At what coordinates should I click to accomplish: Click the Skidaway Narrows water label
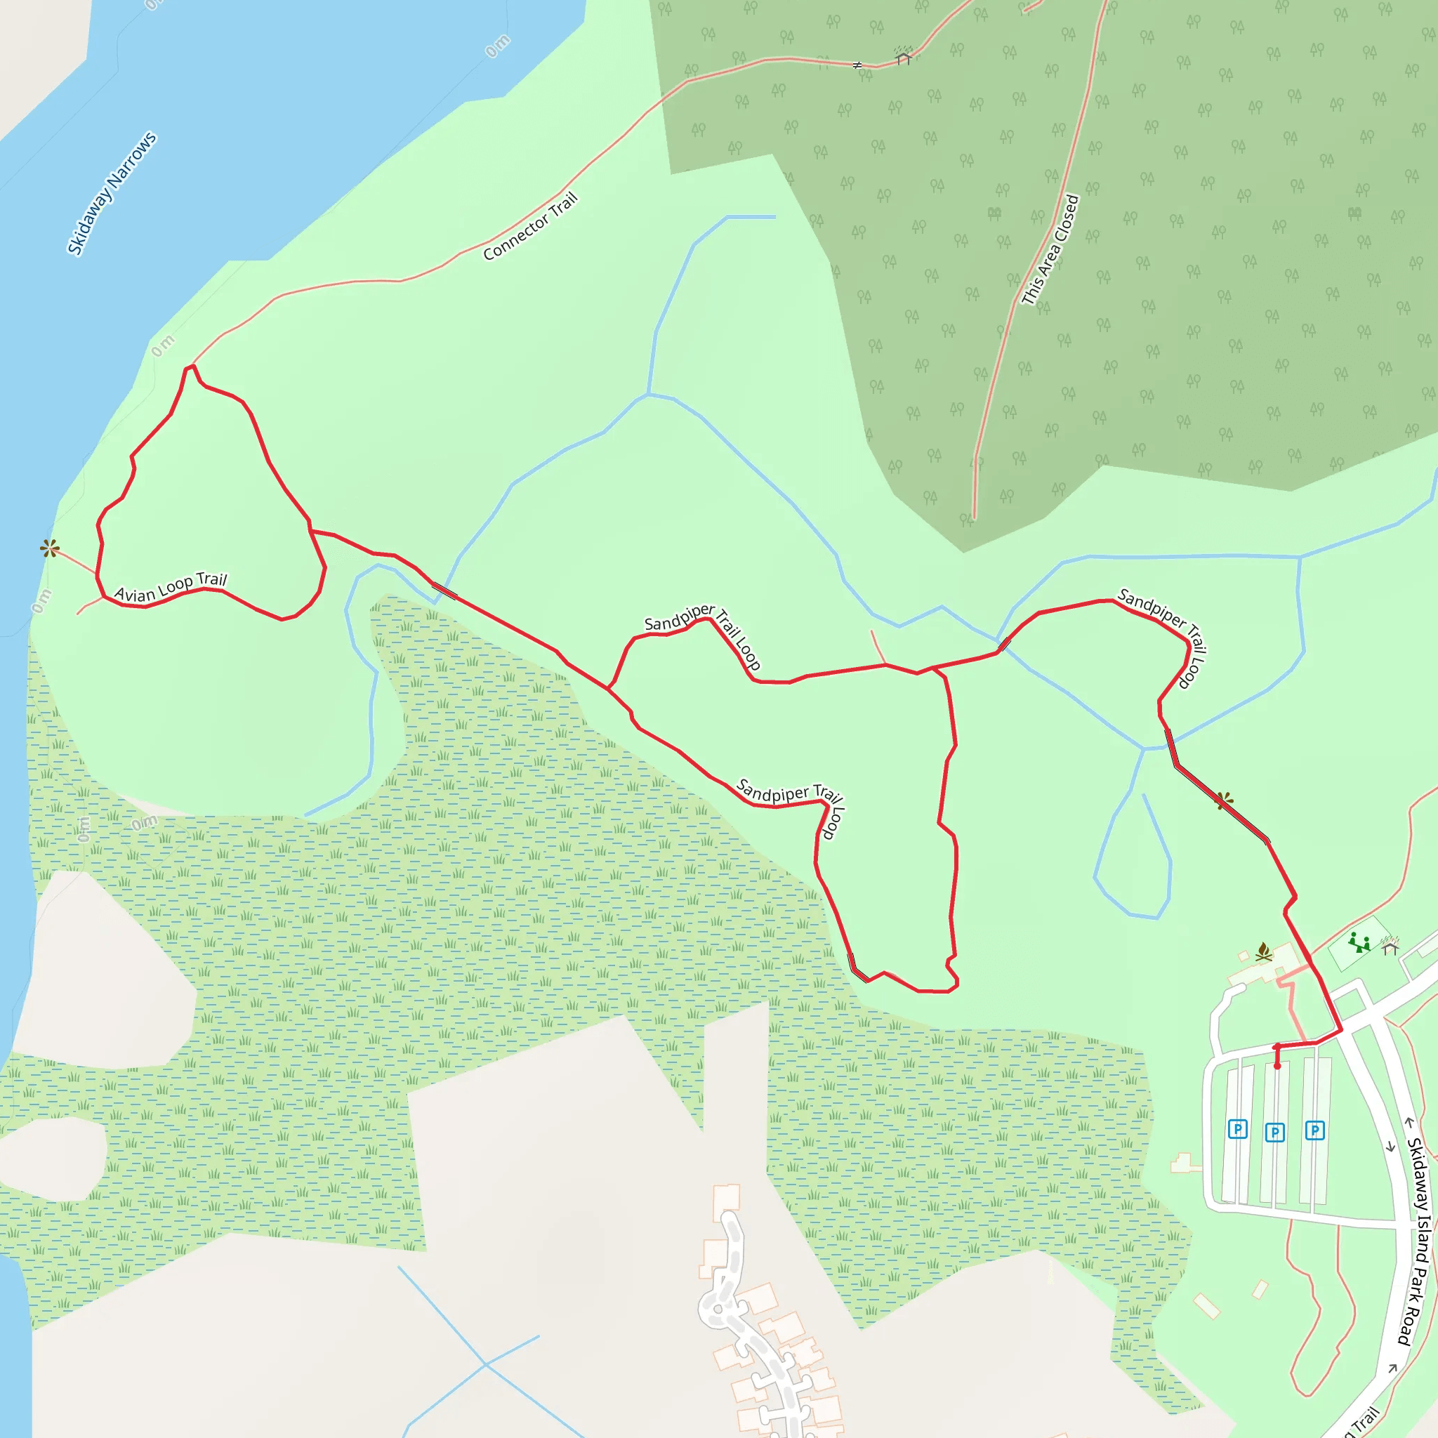coord(112,194)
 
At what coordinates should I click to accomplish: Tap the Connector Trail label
coord(530,227)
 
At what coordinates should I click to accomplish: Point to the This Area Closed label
coord(1050,249)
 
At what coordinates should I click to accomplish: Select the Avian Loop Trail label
coord(171,587)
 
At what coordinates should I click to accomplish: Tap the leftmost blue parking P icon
coord(1237,1129)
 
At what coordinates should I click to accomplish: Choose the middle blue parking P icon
coord(1275,1133)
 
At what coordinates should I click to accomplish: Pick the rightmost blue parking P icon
coord(1314,1130)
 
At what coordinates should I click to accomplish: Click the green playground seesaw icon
coord(1359,942)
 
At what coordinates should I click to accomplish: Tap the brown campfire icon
coord(1263,952)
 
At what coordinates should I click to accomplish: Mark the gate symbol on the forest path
coord(857,65)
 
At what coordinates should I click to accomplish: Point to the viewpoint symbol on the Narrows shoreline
coord(50,549)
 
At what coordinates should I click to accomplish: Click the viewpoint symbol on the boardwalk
coord(1225,801)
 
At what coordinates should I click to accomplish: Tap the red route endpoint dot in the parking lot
coord(1277,1066)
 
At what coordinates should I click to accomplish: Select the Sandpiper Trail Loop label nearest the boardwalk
coord(1162,637)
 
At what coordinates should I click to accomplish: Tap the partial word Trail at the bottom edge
coord(1364,1422)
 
